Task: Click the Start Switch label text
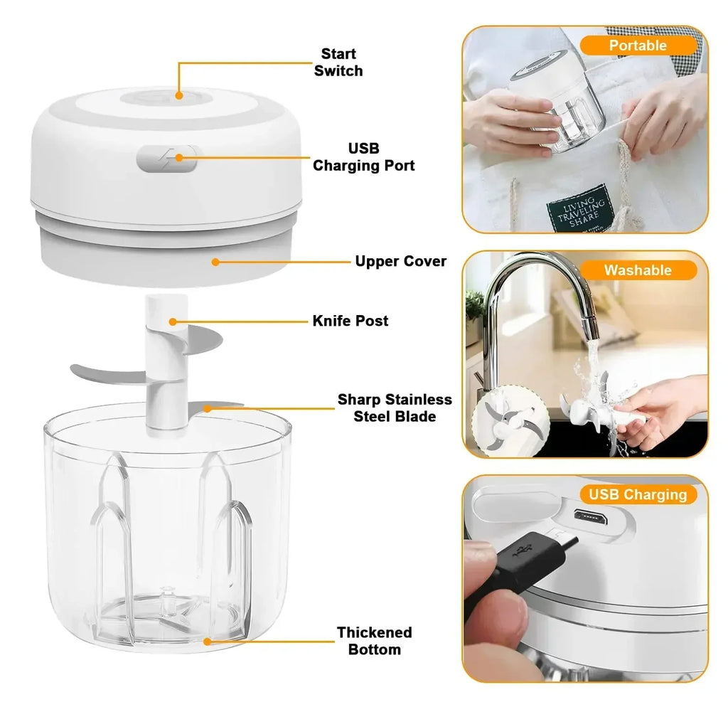point(338,63)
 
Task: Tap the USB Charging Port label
point(363,156)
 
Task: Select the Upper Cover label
point(400,261)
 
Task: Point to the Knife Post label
point(350,321)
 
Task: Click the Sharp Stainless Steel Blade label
point(395,408)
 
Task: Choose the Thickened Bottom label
point(374,641)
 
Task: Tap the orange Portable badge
point(637,46)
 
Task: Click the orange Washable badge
point(637,270)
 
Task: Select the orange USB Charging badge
point(634,494)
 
